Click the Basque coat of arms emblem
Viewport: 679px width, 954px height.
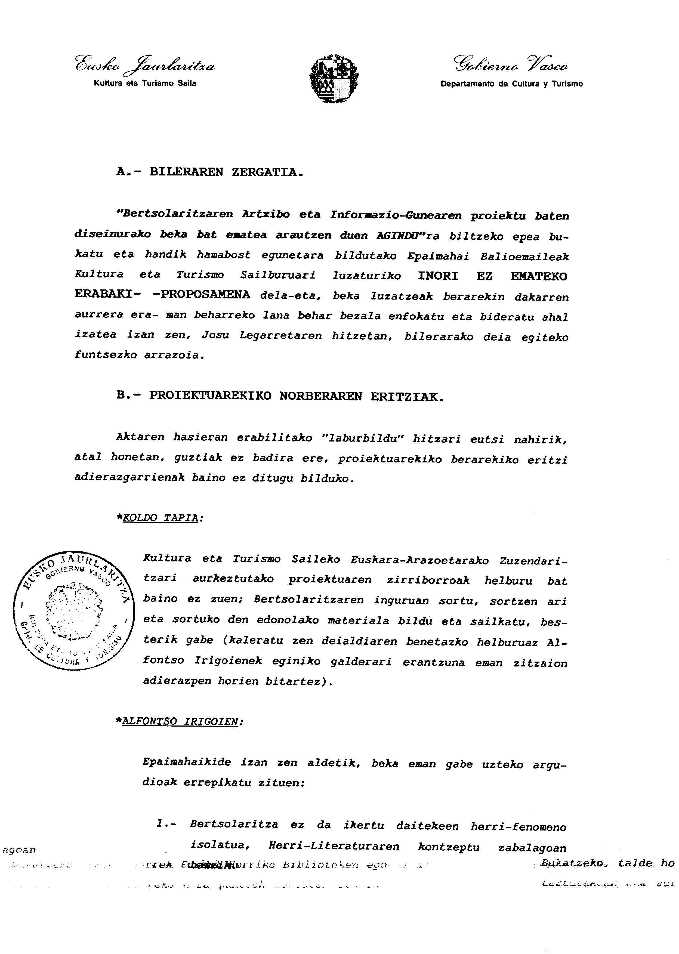(x=333, y=78)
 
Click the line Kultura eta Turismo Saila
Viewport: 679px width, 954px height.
(x=145, y=83)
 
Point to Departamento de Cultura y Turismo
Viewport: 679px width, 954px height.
(x=511, y=84)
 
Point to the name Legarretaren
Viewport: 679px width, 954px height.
(x=280, y=336)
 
